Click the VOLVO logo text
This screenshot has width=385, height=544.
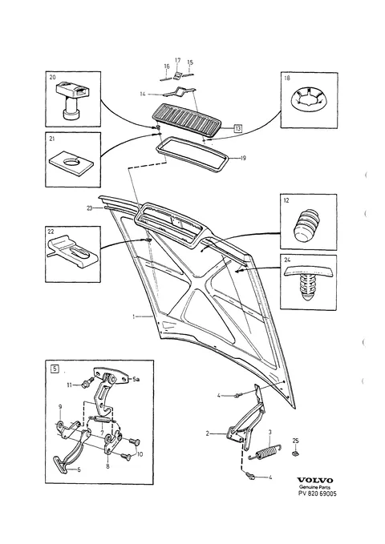point(314,480)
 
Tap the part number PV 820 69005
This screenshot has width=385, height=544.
point(318,494)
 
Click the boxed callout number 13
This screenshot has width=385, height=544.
point(237,129)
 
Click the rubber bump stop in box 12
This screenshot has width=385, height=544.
point(308,224)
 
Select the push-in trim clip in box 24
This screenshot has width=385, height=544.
point(306,283)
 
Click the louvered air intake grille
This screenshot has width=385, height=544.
point(188,119)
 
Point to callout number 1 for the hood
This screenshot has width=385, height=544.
point(133,316)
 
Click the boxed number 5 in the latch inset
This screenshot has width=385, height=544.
point(55,369)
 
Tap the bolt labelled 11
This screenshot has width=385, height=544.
point(86,384)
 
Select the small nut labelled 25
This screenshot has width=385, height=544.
point(296,453)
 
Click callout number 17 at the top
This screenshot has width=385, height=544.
point(177,60)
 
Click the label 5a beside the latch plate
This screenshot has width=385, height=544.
point(136,380)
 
